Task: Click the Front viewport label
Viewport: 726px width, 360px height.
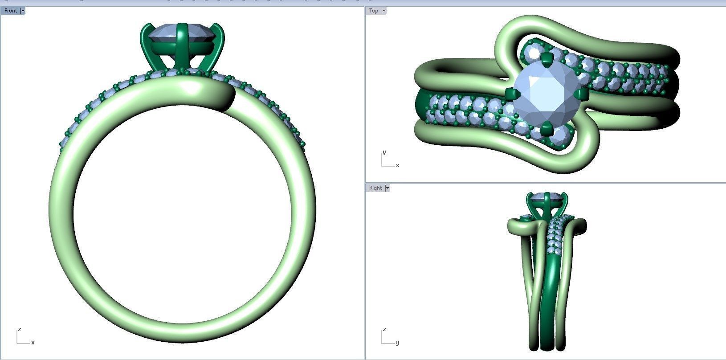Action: click(x=10, y=11)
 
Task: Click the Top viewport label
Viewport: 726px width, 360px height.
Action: click(x=374, y=11)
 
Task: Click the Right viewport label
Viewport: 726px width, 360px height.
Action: click(x=375, y=188)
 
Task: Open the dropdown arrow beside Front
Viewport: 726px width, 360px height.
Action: click(x=23, y=11)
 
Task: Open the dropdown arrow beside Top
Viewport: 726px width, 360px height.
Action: click(x=384, y=11)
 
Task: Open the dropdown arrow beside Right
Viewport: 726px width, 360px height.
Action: click(x=387, y=188)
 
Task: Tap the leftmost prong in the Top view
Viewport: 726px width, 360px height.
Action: click(x=511, y=94)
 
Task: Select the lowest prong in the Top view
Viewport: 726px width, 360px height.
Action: click(x=546, y=130)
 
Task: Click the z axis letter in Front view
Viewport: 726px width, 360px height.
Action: click(x=19, y=329)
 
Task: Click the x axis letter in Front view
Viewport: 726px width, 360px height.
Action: click(x=33, y=343)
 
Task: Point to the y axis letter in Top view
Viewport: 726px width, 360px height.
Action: click(x=384, y=152)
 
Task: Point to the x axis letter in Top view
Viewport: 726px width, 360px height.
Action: click(x=398, y=165)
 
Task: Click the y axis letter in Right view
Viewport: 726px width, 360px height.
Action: click(x=397, y=343)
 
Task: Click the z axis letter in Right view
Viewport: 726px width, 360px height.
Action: click(x=384, y=329)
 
